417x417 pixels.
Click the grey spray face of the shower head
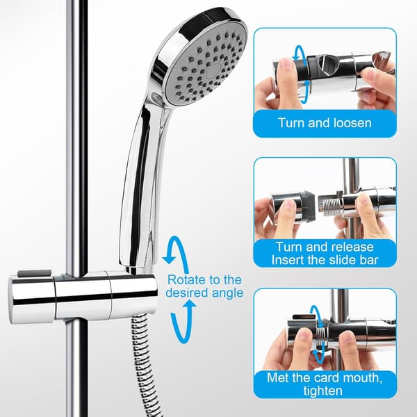[x=204, y=66]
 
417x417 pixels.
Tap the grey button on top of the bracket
[x=35, y=273]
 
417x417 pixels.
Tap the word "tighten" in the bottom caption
[x=323, y=391]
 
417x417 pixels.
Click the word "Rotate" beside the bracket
[x=187, y=280]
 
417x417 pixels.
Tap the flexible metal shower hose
[x=144, y=367]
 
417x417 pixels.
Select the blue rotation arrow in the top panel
[x=302, y=74]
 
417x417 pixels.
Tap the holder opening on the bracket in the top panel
[x=328, y=65]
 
